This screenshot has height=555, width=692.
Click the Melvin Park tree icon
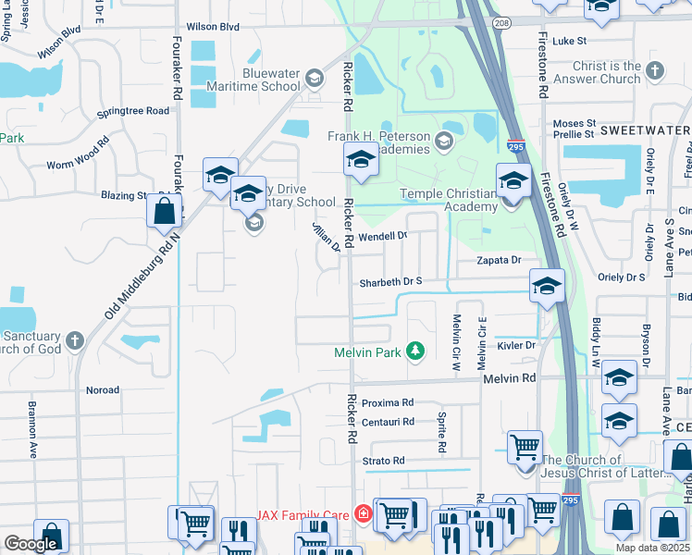click(x=415, y=351)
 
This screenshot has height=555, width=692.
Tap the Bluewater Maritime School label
click(x=266, y=80)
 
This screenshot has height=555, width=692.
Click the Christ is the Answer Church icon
click(x=655, y=70)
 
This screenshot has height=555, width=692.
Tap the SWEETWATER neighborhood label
click(x=644, y=130)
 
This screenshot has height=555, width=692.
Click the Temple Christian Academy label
click(x=450, y=200)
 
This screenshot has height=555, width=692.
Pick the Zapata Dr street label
click(x=500, y=262)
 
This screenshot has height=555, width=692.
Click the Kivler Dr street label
click(x=516, y=345)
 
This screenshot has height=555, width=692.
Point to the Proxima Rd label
click(x=387, y=403)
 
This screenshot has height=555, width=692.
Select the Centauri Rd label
click(x=387, y=422)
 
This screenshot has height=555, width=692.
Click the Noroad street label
click(x=102, y=390)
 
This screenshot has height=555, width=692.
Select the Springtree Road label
click(x=136, y=111)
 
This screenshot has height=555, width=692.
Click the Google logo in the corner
click(x=31, y=544)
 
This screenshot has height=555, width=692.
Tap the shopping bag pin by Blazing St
click(x=164, y=210)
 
